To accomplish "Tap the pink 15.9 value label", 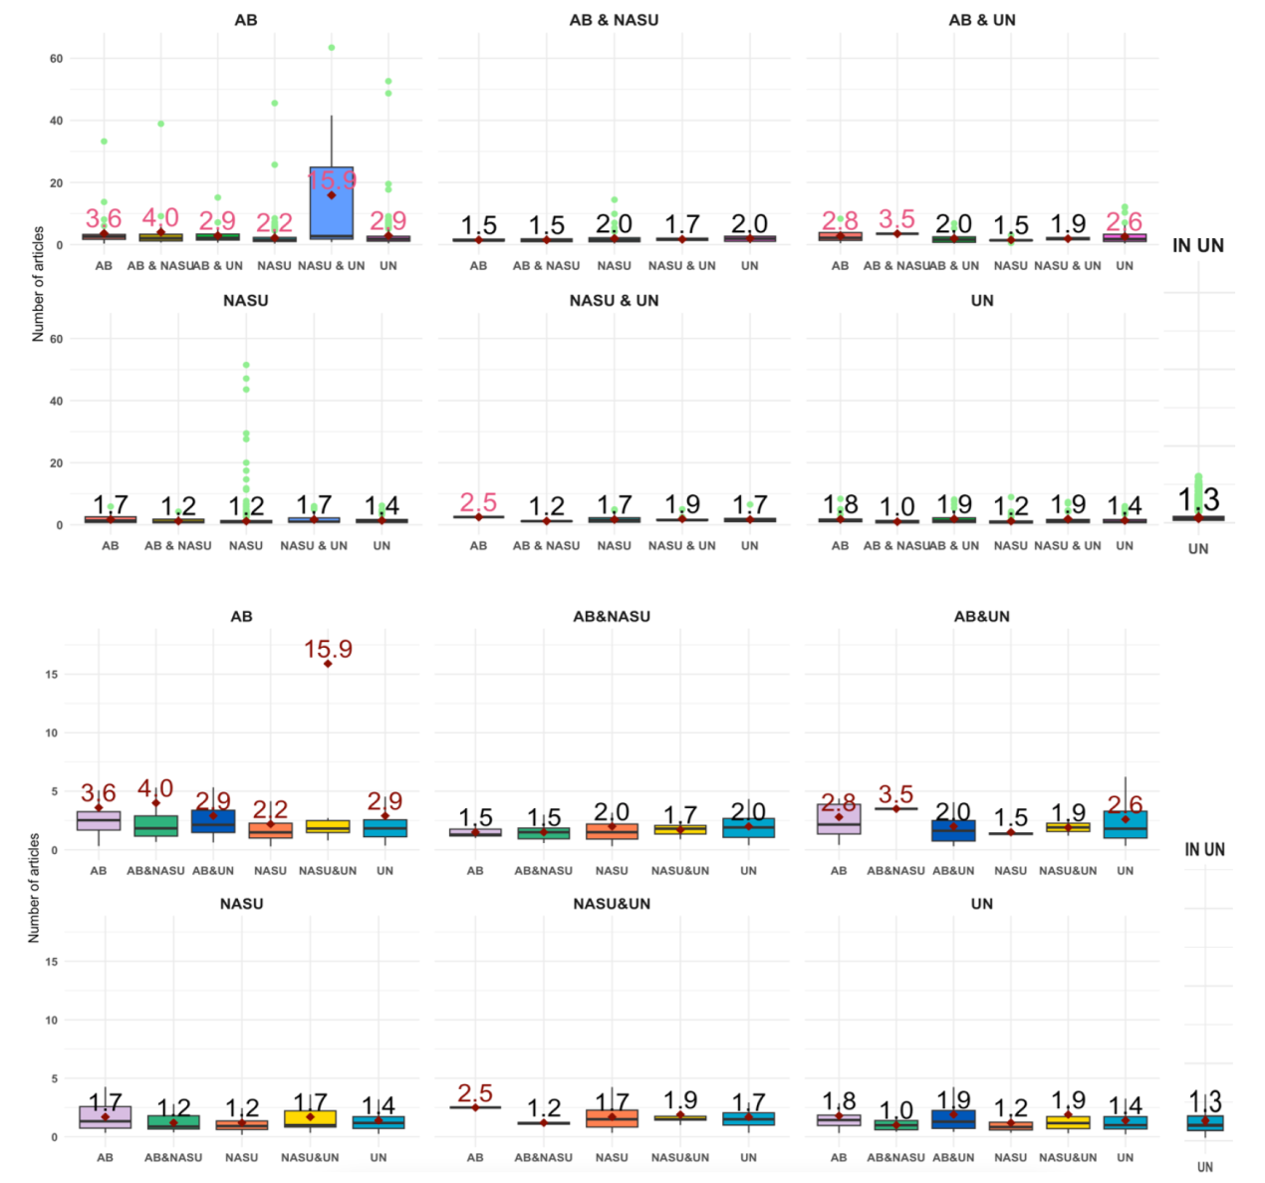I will (x=332, y=180).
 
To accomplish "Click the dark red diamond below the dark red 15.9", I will (x=328, y=664).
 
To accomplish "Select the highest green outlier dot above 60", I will (x=332, y=48).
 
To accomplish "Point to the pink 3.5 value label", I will (x=896, y=218).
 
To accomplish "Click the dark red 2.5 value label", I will (x=475, y=1093).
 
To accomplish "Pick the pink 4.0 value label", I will (x=160, y=217).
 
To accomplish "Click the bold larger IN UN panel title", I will (x=1198, y=245).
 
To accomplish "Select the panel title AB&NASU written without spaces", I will (x=612, y=617).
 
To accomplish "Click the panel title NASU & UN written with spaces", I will (x=614, y=300).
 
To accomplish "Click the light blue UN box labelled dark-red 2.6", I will (x=1125, y=824).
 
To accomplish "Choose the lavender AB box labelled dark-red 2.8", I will (x=839, y=819).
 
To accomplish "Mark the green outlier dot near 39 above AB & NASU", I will (x=160, y=124).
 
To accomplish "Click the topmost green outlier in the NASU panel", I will (x=246, y=365).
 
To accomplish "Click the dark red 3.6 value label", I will (x=98, y=793).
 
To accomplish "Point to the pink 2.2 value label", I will (x=274, y=223).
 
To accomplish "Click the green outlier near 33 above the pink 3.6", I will (x=104, y=142).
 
